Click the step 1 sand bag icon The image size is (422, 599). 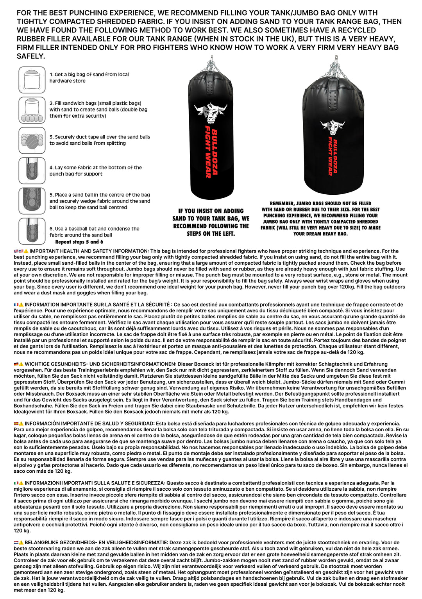[x=32, y=80]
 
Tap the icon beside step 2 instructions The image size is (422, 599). [x=32, y=110]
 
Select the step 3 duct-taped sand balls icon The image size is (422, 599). [x=32, y=140]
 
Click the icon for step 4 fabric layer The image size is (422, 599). [x=32, y=170]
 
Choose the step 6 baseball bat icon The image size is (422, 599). [x=32, y=231]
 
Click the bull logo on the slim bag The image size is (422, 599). [x=211, y=113]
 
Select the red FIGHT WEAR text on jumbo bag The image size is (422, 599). [x=330, y=156]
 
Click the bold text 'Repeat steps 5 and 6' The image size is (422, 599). [x=79, y=242]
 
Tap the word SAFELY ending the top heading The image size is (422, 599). [x=30, y=56]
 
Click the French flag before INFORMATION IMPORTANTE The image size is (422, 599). [x=16, y=305]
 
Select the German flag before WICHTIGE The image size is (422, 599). [x=16, y=364]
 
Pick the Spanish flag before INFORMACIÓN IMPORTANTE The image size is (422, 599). [x=16, y=423]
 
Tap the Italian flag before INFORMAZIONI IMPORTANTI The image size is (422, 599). [x=16, y=483]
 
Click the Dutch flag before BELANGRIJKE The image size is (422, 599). [x=16, y=542]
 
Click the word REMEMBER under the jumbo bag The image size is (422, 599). [x=282, y=203]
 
